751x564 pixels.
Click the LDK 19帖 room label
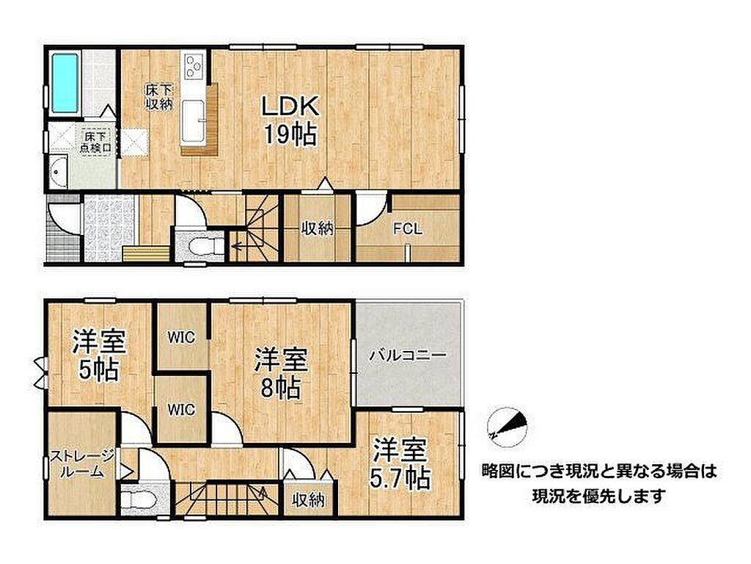tap(290, 120)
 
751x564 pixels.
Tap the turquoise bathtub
tap(65, 82)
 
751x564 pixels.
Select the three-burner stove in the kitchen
tap(194, 65)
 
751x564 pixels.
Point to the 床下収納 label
tap(159, 96)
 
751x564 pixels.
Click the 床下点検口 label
tap(96, 142)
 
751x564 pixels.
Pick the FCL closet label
tap(408, 229)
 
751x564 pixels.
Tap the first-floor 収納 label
tap(317, 229)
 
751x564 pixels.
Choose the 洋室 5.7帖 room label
tap(400, 463)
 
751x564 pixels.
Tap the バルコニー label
tap(408, 355)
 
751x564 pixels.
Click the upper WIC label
tap(182, 337)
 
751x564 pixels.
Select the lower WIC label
tap(181, 409)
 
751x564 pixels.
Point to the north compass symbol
tap(508, 427)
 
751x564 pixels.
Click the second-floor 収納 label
tap(309, 499)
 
